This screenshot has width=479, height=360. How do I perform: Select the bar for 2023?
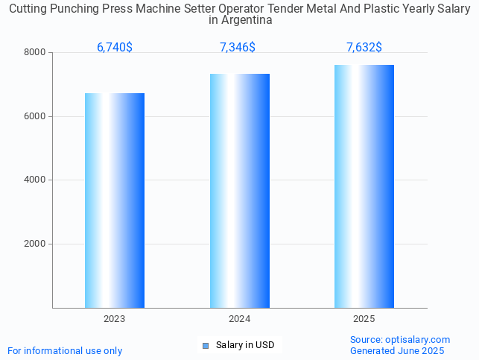114,200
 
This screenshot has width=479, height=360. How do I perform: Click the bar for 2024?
239,191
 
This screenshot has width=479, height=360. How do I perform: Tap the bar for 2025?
364,186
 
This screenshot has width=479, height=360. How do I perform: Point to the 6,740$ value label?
115,47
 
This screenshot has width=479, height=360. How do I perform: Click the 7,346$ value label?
238,47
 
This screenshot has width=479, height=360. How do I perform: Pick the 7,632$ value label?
364,47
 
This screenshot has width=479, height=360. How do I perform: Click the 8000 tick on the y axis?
35,52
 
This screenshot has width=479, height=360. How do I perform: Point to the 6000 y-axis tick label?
35,116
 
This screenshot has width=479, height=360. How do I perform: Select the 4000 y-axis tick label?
35,180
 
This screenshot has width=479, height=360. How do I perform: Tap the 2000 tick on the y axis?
35,244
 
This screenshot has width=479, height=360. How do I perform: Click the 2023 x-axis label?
114,319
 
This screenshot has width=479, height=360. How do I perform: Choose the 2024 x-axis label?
239,319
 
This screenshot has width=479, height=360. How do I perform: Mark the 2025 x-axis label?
364,319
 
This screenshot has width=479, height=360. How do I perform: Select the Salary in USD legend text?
245,345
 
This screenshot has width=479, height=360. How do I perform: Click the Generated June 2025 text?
397,350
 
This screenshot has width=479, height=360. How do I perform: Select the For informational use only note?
65,350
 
